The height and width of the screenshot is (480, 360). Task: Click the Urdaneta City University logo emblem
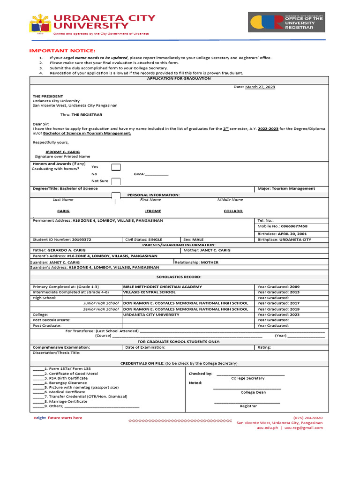point(41,24)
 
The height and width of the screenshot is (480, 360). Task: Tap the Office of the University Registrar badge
point(286,22)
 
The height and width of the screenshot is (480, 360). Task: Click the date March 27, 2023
point(261,87)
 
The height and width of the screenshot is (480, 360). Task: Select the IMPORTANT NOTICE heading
point(62,51)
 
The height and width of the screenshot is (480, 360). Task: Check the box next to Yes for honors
point(116,167)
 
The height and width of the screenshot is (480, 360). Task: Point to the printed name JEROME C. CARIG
point(62,152)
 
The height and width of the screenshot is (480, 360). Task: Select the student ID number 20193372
point(82,240)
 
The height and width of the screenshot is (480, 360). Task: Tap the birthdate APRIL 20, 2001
point(292,233)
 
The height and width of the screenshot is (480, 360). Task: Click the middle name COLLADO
point(233,211)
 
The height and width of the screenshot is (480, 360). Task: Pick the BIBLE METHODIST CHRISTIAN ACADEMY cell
point(162,286)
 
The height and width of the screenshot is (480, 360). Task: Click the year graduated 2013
point(294,292)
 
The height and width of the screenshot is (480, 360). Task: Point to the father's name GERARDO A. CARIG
point(66,250)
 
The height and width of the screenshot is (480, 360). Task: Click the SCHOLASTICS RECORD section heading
point(179,277)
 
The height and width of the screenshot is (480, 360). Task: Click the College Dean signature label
point(253,392)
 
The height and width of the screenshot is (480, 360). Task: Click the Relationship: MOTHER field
point(196,262)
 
